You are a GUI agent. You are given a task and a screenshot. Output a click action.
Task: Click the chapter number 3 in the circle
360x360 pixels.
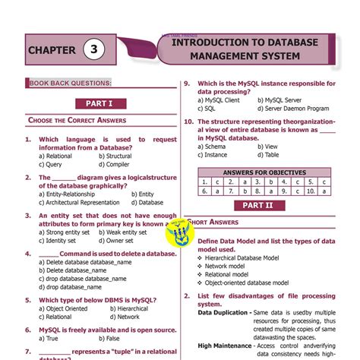[94, 51]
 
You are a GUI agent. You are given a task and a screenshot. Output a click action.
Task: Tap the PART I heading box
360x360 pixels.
[99, 103]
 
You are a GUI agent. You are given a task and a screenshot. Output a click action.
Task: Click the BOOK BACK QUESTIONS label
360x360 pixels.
[71, 82]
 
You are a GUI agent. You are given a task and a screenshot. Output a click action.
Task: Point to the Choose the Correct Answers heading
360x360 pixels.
[77, 120]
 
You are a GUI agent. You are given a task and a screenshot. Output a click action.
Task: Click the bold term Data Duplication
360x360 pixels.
[224, 312]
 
